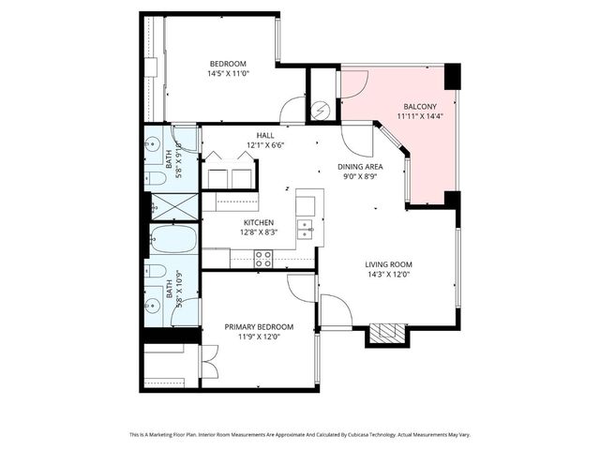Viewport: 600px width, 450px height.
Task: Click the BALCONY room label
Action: click(x=418, y=107)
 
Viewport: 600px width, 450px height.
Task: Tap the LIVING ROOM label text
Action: click(x=388, y=264)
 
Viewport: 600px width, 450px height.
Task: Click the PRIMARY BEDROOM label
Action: click(x=259, y=327)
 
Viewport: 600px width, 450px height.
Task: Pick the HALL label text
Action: click(x=265, y=135)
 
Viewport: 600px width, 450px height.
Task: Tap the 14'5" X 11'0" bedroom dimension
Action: click(x=227, y=73)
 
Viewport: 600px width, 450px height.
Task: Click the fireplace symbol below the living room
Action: click(x=385, y=334)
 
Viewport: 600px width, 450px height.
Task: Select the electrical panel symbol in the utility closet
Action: click(x=322, y=110)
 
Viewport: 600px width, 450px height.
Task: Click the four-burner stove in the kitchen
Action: click(x=263, y=259)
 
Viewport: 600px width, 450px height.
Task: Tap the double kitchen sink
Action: click(x=306, y=227)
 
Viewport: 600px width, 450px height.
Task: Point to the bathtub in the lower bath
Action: click(x=174, y=241)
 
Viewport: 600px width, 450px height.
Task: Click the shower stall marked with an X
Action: click(x=174, y=205)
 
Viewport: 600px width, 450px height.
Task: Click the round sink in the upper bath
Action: click(x=153, y=144)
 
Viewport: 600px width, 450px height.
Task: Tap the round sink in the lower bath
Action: click(x=153, y=307)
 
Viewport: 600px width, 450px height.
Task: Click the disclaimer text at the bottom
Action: click(x=300, y=435)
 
